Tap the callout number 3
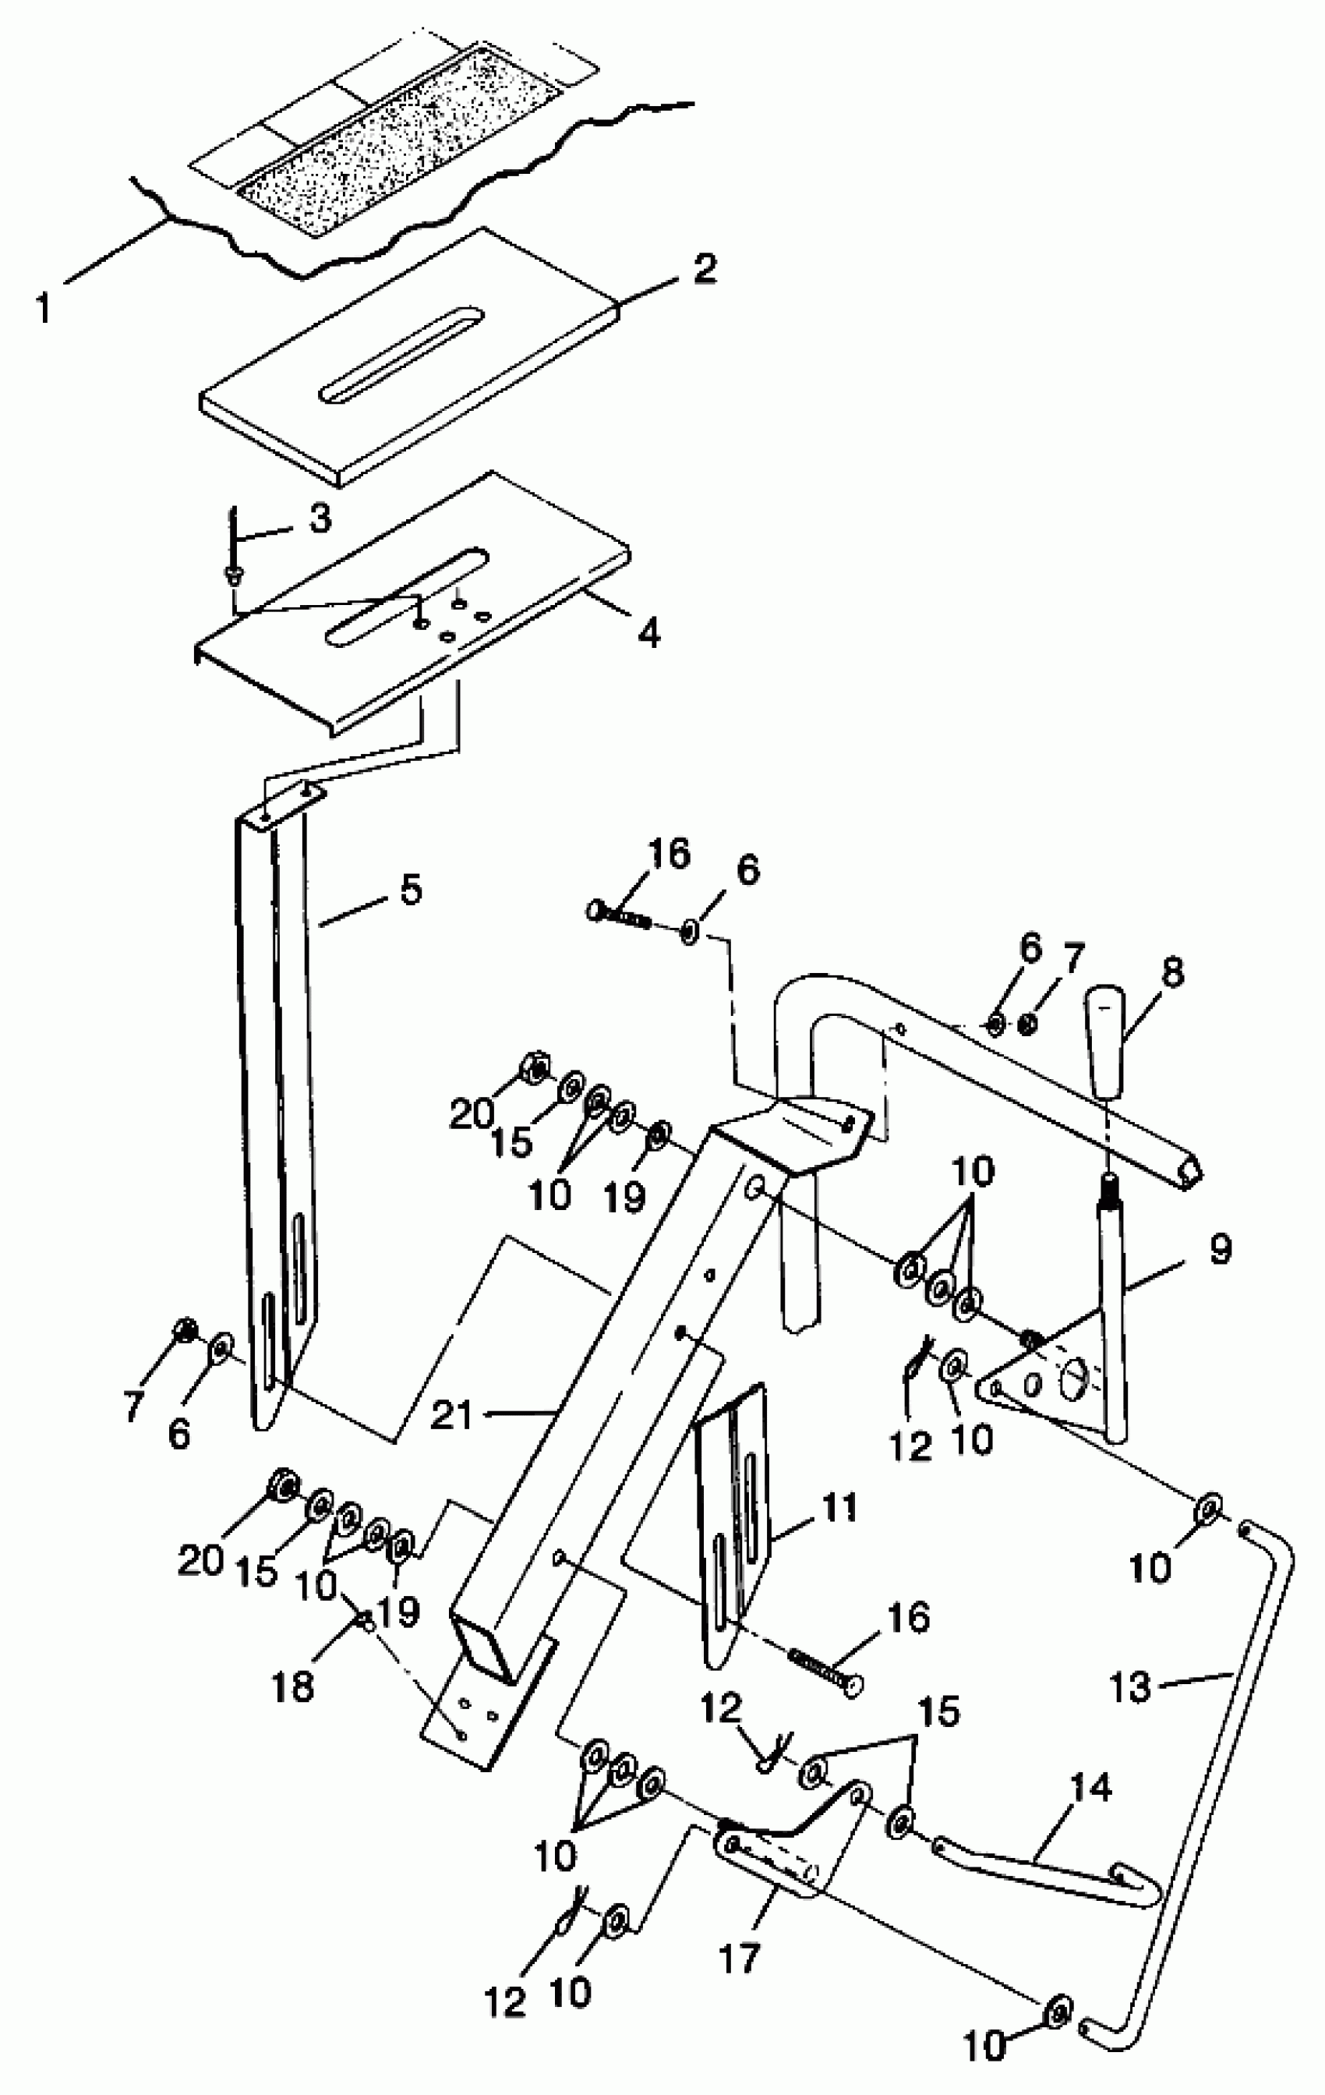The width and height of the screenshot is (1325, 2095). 320,519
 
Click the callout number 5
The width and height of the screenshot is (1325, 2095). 409,890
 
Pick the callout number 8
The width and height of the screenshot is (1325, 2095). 1172,974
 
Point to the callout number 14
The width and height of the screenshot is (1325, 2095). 1091,1789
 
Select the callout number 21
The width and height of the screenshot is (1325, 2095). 451,1417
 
